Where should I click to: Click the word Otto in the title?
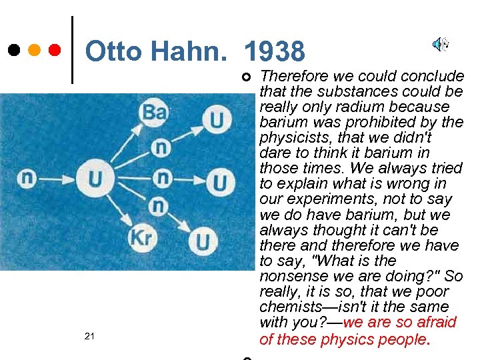(113, 51)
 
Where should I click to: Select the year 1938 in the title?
(275, 51)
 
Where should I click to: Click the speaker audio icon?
(440, 45)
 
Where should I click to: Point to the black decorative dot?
(14, 50)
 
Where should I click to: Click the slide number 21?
(90, 336)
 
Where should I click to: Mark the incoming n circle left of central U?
(27, 178)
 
